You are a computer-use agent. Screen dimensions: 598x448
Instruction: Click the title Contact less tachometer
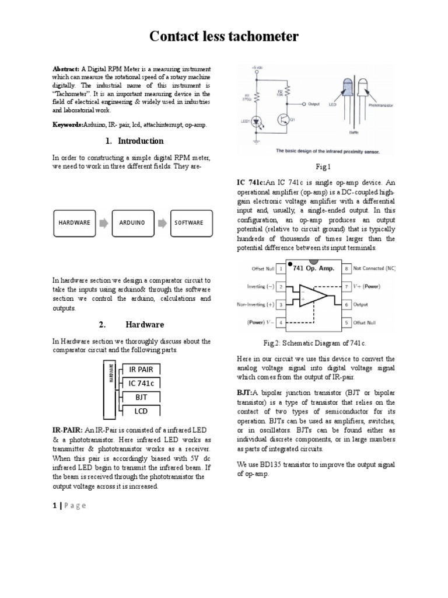click(x=224, y=37)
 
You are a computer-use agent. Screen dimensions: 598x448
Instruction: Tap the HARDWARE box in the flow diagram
click(x=74, y=222)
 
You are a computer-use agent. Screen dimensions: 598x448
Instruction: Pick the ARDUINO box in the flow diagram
click(x=132, y=222)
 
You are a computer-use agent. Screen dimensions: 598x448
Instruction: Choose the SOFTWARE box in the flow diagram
click(x=190, y=222)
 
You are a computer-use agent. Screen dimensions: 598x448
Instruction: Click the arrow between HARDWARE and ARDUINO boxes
click(x=103, y=222)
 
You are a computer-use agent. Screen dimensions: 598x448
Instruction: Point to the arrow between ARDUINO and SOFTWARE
click(x=161, y=222)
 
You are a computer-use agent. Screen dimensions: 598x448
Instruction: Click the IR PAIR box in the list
click(x=141, y=369)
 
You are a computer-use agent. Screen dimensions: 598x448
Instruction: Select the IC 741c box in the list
click(x=141, y=383)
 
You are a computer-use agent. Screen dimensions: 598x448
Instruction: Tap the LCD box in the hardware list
click(x=141, y=411)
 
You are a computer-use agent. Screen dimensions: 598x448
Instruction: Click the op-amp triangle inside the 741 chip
click(x=310, y=295)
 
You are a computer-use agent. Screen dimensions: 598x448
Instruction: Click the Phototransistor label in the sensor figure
click(x=381, y=105)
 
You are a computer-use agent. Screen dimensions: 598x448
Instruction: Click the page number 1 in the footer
click(x=54, y=506)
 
